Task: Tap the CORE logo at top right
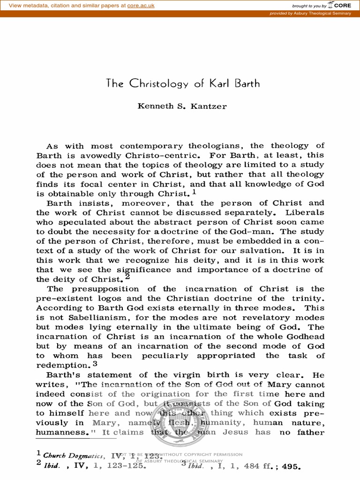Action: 340,5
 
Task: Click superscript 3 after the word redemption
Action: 95,363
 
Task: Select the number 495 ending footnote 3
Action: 288,467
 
